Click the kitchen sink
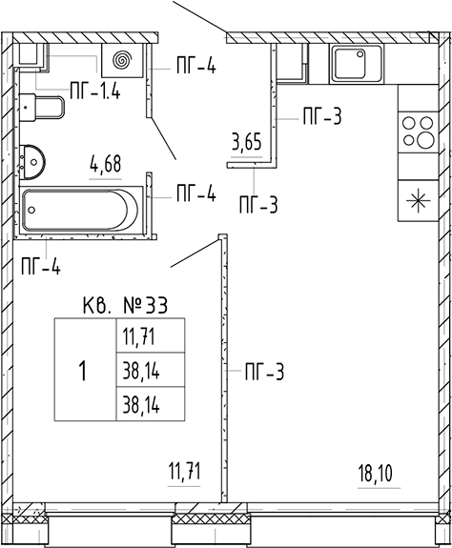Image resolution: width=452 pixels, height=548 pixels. pos(356,66)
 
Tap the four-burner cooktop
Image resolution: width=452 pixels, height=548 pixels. pos(416,132)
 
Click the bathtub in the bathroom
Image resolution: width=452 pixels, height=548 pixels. pos(80,208)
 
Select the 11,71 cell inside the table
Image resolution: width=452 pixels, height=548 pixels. pos(138,335)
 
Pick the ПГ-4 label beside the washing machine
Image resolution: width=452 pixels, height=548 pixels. pos(195,66)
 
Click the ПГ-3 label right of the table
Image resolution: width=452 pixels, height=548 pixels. pos(264,372)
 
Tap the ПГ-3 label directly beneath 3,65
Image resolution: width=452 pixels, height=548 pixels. pos(257,203)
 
